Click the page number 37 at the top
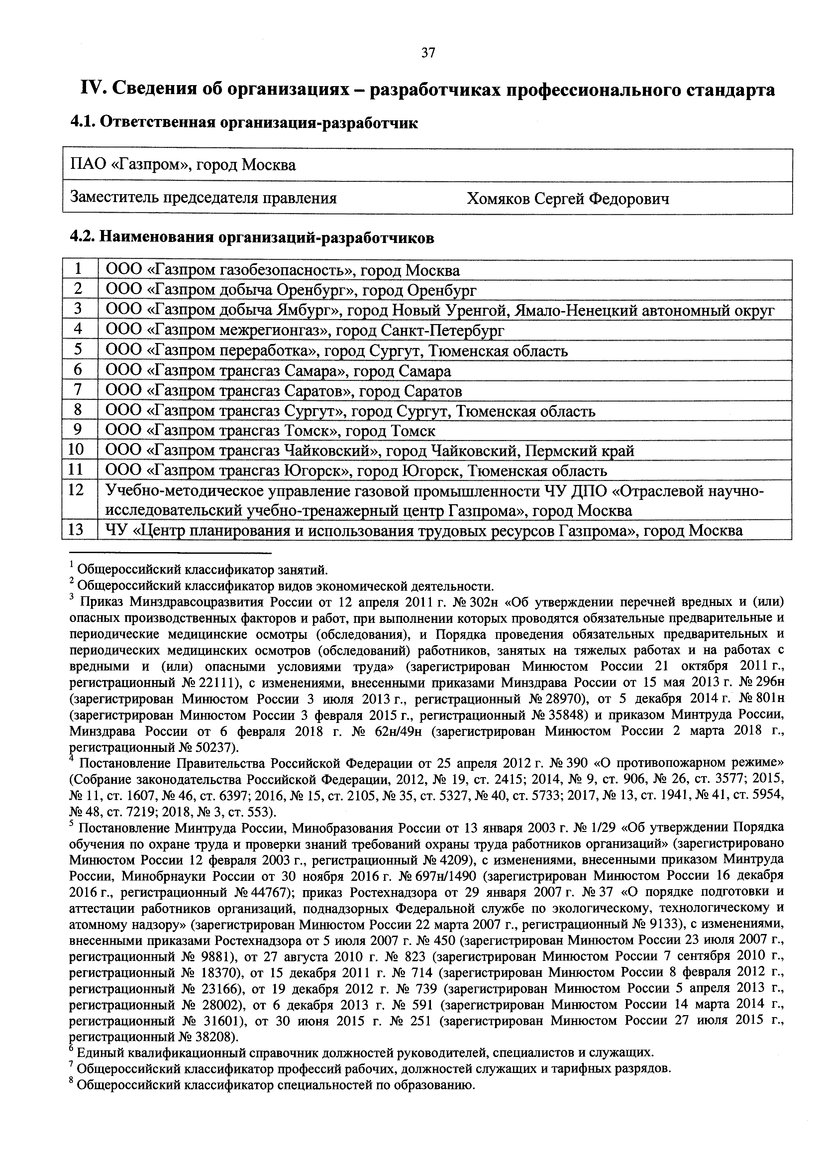[x=428, y=53]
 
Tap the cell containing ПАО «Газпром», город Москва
[x=183, y=165]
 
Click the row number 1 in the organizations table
[x=78, y=270]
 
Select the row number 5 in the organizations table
[x=78, y=350]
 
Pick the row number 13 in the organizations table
[x=76, y=530]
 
